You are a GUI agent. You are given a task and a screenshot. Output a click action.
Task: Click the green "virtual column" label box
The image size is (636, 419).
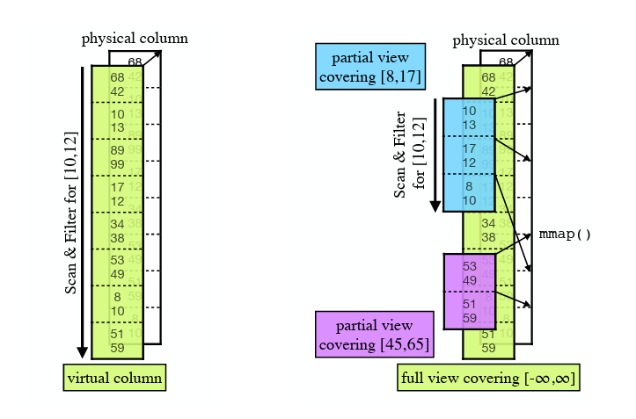coord(114,378)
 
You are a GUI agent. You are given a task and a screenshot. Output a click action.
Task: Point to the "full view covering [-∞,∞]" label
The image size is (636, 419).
coord(488,379)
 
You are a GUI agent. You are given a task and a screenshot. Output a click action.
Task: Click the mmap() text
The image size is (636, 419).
coord(564,235)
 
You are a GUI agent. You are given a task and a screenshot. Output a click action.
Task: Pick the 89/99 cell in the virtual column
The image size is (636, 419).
coord(117,157)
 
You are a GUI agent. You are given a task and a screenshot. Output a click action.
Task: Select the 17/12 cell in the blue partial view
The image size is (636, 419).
coord(469,155)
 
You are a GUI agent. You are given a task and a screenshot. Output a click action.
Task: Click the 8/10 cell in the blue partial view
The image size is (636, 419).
coord(469,193)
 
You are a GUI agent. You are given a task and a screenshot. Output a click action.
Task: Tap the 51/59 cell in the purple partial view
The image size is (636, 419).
coord(469,311)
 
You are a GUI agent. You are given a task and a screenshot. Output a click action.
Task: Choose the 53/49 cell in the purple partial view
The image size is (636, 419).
coord(469,272)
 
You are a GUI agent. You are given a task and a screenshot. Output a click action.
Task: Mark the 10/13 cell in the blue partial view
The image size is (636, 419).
coord(469,118)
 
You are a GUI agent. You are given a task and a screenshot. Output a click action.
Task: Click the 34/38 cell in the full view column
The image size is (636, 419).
coord(488,230)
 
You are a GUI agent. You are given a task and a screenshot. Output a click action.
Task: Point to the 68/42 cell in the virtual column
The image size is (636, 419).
coord(117,83)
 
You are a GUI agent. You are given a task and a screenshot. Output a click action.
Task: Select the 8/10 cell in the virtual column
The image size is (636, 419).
coord(117,304)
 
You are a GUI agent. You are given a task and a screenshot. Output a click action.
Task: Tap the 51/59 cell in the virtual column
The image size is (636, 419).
coord(117,341)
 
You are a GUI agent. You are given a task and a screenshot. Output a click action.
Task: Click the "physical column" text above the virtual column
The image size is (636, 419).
coord(135,39)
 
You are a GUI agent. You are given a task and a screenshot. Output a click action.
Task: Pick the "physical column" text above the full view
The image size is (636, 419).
coord(506,40)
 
